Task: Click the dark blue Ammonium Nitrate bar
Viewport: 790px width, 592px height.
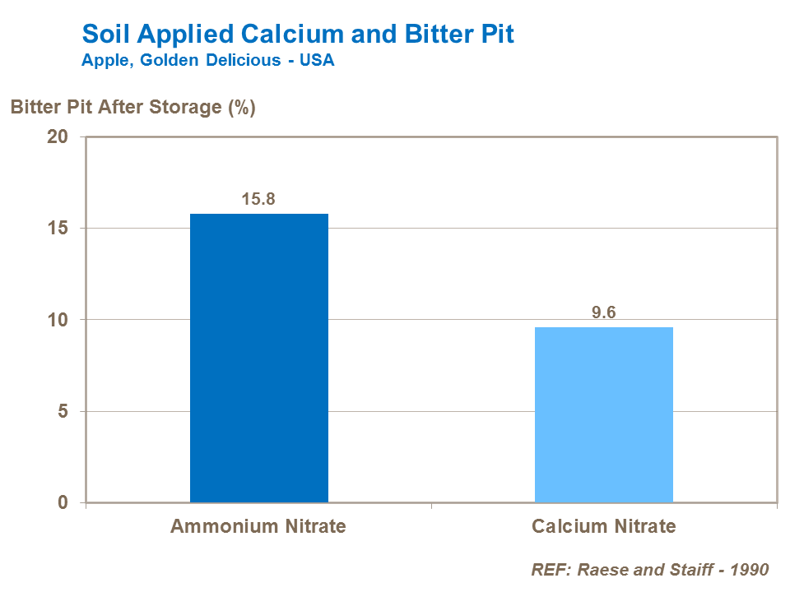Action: tap(259, 358)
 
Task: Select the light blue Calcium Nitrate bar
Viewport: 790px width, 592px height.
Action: tap(604, 414)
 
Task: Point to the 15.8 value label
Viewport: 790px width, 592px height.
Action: tap(259, 199)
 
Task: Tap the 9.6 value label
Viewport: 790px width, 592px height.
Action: tap(604, 312)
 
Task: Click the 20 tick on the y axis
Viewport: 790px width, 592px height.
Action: tap(57, 136)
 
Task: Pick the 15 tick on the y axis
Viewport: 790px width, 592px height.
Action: tap(57, 228)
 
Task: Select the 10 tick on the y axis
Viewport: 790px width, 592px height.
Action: tap(57, 319)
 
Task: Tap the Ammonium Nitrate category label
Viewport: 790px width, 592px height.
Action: tap(258, 526)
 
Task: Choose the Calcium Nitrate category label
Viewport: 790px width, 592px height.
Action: tap(604, 526)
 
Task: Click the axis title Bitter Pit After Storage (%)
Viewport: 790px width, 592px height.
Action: tap(132, 107)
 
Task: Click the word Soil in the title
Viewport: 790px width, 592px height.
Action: tap(101, 35)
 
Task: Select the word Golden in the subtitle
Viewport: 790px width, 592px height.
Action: tap(159, 61)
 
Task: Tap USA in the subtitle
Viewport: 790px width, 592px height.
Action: tap(317, 61)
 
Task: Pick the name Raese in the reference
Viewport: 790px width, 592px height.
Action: tap(600, 569)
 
